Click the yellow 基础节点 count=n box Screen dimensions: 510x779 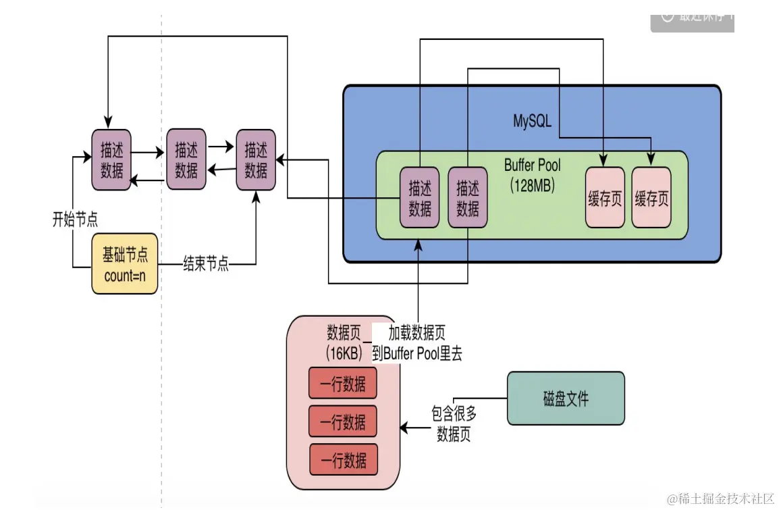click(125, 265)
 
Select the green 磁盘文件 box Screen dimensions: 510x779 click(566, 399)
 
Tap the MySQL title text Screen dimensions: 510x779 click(532, 122)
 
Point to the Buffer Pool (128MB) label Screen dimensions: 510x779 click(532, 176)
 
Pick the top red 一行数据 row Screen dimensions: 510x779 click(343, 384)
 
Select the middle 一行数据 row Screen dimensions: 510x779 click(343, 422)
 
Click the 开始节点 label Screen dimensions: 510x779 click(75, 219)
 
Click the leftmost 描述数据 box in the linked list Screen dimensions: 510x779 click(111, 159)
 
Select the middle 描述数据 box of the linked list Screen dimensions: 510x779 click(186, 159)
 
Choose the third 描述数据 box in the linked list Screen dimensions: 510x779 click(256, 159)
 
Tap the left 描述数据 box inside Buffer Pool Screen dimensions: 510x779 click(420, 197)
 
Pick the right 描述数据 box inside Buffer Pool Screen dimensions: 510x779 click(468, 197)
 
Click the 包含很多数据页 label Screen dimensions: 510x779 click(454, 424)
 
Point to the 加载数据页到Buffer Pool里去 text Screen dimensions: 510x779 click(417, 343)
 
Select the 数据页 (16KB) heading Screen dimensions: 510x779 click(345, 342)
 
